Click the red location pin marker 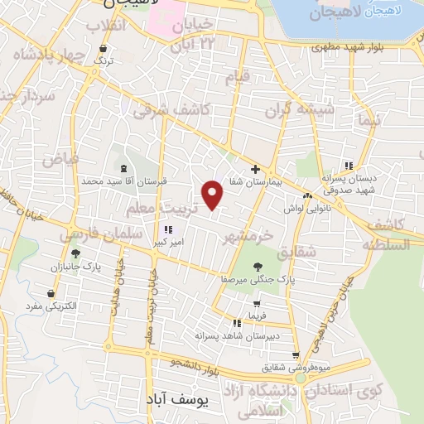pos(214,195)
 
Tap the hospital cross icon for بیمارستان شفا pos(255,168)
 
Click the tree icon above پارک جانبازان pos(76,254)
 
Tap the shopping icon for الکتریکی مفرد pos(51,293)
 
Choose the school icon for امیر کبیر pos(168,230)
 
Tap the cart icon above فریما pos(256,304)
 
